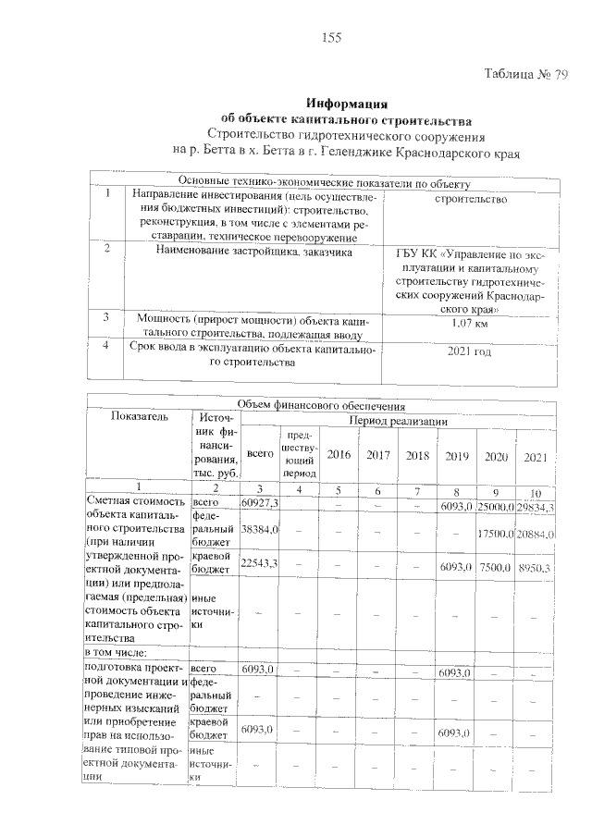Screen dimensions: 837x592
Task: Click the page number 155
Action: [x=332, y=38]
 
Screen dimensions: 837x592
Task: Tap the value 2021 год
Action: [x=469, y=351]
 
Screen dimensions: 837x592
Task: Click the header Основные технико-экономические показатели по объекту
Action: [x=329, y=182]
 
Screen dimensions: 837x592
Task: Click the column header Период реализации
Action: [x=399, y=420]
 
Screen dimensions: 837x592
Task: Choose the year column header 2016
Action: [x=339, y=455]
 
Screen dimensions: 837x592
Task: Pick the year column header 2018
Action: [x=417, y=455]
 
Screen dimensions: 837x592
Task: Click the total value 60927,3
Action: [x=259, y=501]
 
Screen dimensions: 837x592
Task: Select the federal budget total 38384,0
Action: [x=259, y=531]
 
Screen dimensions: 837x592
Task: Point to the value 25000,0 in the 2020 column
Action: [x=496, y=506]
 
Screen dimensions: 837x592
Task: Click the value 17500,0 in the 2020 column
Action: [x=496, y=535]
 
